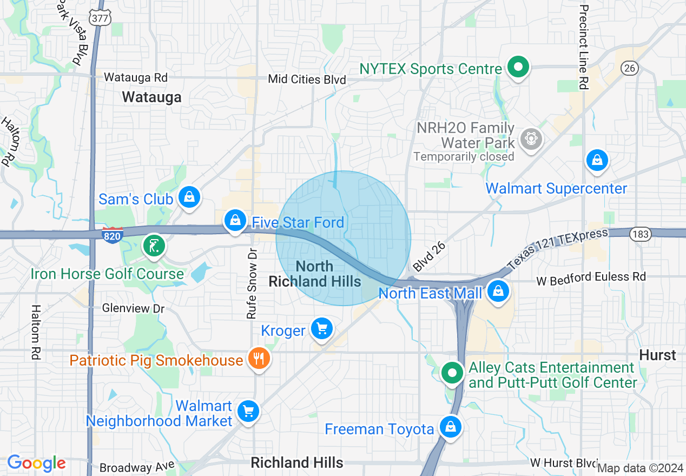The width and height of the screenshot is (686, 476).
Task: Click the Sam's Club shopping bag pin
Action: coord(189,197)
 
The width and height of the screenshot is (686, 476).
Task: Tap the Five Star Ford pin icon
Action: coord(235,221)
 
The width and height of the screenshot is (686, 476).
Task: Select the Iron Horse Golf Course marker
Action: coord(154,246)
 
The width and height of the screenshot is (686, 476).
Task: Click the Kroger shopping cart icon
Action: coord(322,328)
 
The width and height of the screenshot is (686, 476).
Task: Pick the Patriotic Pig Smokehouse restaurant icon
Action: coord(259,358)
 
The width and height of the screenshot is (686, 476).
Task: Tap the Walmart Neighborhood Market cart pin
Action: coord(248,412)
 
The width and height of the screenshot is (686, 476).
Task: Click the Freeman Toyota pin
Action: coord(450,427)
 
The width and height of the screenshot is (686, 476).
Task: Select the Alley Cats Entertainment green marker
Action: coord(452,373)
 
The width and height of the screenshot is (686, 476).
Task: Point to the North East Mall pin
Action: coord(497,292)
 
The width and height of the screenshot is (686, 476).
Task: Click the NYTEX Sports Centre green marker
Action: coord(518,68)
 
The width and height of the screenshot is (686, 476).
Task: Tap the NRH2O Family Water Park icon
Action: coord(531,139)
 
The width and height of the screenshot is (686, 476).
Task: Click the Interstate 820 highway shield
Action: coord(112,234)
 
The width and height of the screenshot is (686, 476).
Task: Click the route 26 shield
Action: coord(629,68)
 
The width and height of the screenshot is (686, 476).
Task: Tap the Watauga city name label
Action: coord(151,97)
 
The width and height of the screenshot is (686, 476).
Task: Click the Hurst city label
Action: coord(657,355)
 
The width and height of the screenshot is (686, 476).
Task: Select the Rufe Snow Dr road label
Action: coord(252,284)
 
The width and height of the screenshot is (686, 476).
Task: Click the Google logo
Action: coord(36,464)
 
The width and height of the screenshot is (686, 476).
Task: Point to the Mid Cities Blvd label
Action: coord(307,80)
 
